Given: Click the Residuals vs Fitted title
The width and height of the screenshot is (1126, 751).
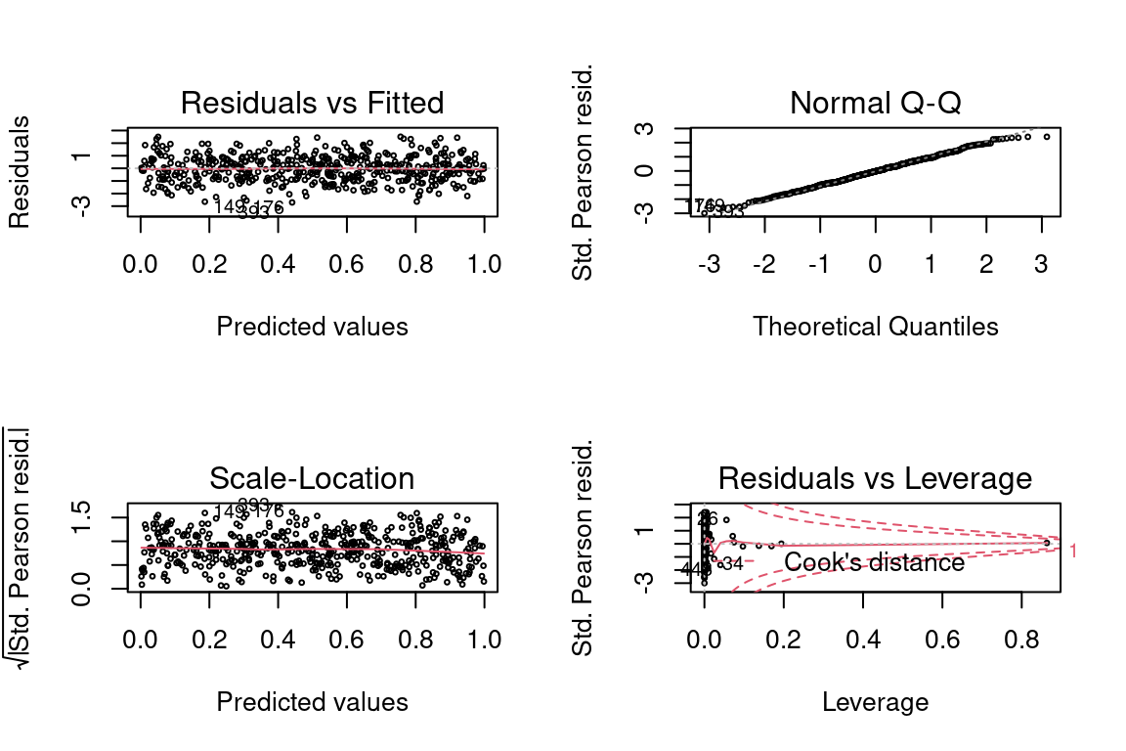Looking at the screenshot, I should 312,103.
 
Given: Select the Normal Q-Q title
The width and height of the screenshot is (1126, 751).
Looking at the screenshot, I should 875,103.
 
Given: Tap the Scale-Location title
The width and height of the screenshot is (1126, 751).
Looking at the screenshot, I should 312,478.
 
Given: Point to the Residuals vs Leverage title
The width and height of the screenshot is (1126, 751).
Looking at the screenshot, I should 875,478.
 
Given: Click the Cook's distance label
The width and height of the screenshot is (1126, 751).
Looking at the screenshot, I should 874,562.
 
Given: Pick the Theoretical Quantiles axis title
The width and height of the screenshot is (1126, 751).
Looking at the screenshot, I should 875,327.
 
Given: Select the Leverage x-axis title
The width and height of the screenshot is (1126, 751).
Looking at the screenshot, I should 875,702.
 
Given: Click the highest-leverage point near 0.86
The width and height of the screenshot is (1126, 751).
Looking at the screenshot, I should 1047,543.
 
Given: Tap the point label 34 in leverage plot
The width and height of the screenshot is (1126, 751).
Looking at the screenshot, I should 732,563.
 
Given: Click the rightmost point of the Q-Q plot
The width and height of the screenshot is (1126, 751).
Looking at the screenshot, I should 1047,137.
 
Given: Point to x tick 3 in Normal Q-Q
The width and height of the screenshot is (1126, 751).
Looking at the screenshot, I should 1041,265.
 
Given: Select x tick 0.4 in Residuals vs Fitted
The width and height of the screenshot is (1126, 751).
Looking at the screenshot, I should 278,265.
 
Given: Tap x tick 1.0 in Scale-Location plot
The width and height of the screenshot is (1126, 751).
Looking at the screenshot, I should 485,641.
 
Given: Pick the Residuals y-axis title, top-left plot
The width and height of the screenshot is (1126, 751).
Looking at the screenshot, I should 19,171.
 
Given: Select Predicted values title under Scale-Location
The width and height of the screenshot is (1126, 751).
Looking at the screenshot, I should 312,702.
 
